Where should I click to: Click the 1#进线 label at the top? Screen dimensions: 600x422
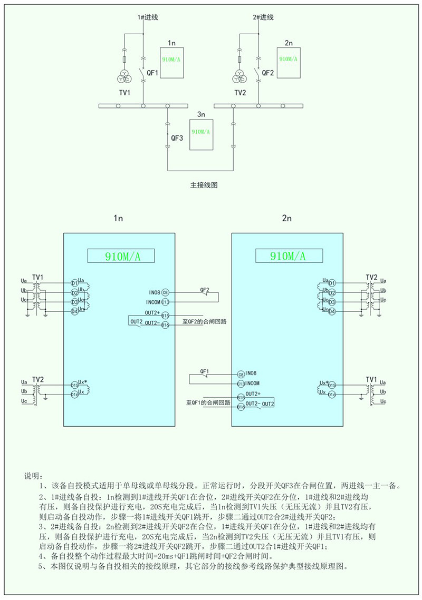tap(148, 17)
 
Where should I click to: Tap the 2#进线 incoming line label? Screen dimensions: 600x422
tap(263, 17)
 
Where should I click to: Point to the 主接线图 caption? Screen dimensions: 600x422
tap(204, 185)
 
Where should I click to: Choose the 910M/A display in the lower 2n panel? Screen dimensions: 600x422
tap(287, 256)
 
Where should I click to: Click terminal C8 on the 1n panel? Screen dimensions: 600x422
tap(165, 292)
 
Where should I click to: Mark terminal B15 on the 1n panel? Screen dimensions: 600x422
tap(165, 315)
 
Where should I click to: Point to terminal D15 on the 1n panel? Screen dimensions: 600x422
tap(74, 385)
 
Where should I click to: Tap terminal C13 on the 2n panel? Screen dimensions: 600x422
tap(241, 383)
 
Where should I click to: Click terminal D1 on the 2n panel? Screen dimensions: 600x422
tap(331, 283)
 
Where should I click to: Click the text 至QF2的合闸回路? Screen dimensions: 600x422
tap(204, 321)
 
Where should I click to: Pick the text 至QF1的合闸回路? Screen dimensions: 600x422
tap(208, 402)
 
